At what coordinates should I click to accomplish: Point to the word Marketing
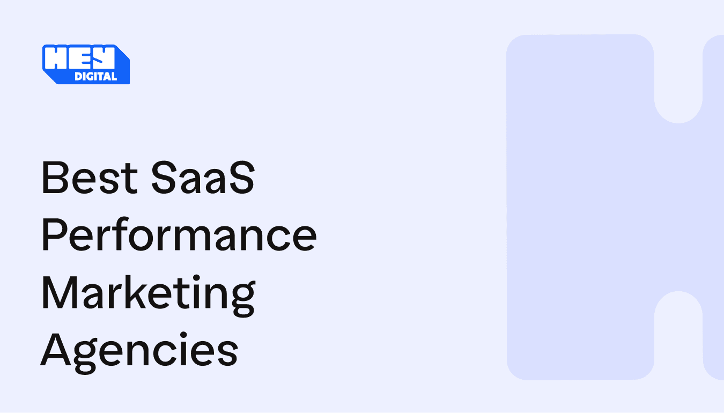click(148, 293)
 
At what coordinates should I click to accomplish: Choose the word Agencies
click(139, 350)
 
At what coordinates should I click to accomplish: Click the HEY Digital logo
click(86, 64)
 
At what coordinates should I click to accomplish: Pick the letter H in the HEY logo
click(55, 58)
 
